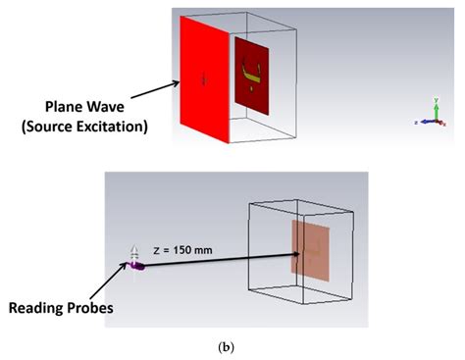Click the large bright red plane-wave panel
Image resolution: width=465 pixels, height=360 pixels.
[x=203, y=79]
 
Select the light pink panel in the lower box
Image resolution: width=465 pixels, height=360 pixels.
[x=310, y=255]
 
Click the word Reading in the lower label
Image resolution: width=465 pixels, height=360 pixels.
[x=42, y=308]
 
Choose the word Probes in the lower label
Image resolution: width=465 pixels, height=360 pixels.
[x=100, y=308]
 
